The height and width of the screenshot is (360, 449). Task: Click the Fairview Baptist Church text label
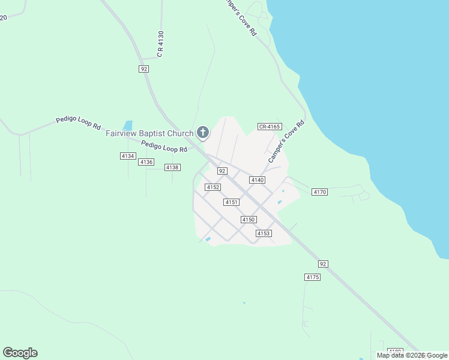149,133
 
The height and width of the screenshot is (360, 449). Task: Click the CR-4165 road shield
270,127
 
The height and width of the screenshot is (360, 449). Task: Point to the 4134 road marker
128,156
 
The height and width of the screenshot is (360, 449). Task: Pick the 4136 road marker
146,162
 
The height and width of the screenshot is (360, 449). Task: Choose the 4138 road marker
172,167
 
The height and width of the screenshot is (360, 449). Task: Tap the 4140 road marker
257,180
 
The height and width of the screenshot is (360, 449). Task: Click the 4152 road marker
212,187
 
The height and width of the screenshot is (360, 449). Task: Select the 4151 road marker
232,202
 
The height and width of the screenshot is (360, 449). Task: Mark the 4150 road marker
249,220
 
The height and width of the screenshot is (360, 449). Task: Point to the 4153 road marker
264,233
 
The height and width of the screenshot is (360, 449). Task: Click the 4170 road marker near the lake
319,192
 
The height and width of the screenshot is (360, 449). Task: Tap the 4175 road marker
312,277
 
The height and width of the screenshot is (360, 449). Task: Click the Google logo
20,353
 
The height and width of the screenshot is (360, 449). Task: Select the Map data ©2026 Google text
412,355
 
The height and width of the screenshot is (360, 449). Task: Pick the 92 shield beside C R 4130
143,69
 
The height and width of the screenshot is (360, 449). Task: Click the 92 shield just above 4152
222,171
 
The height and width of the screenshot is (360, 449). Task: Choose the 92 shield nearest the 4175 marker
323,264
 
